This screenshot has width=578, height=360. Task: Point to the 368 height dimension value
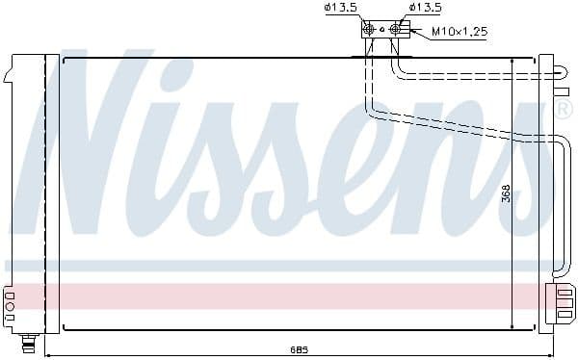(505, 193)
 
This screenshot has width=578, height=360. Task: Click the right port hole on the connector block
(393, 30)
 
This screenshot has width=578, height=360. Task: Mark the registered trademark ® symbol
(564, 111)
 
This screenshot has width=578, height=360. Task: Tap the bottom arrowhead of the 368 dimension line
(512, 326)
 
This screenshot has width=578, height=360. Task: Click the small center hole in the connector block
(381, 30)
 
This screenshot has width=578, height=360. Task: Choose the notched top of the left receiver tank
(12, 66)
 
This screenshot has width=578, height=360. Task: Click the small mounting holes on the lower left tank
(10, 305)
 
